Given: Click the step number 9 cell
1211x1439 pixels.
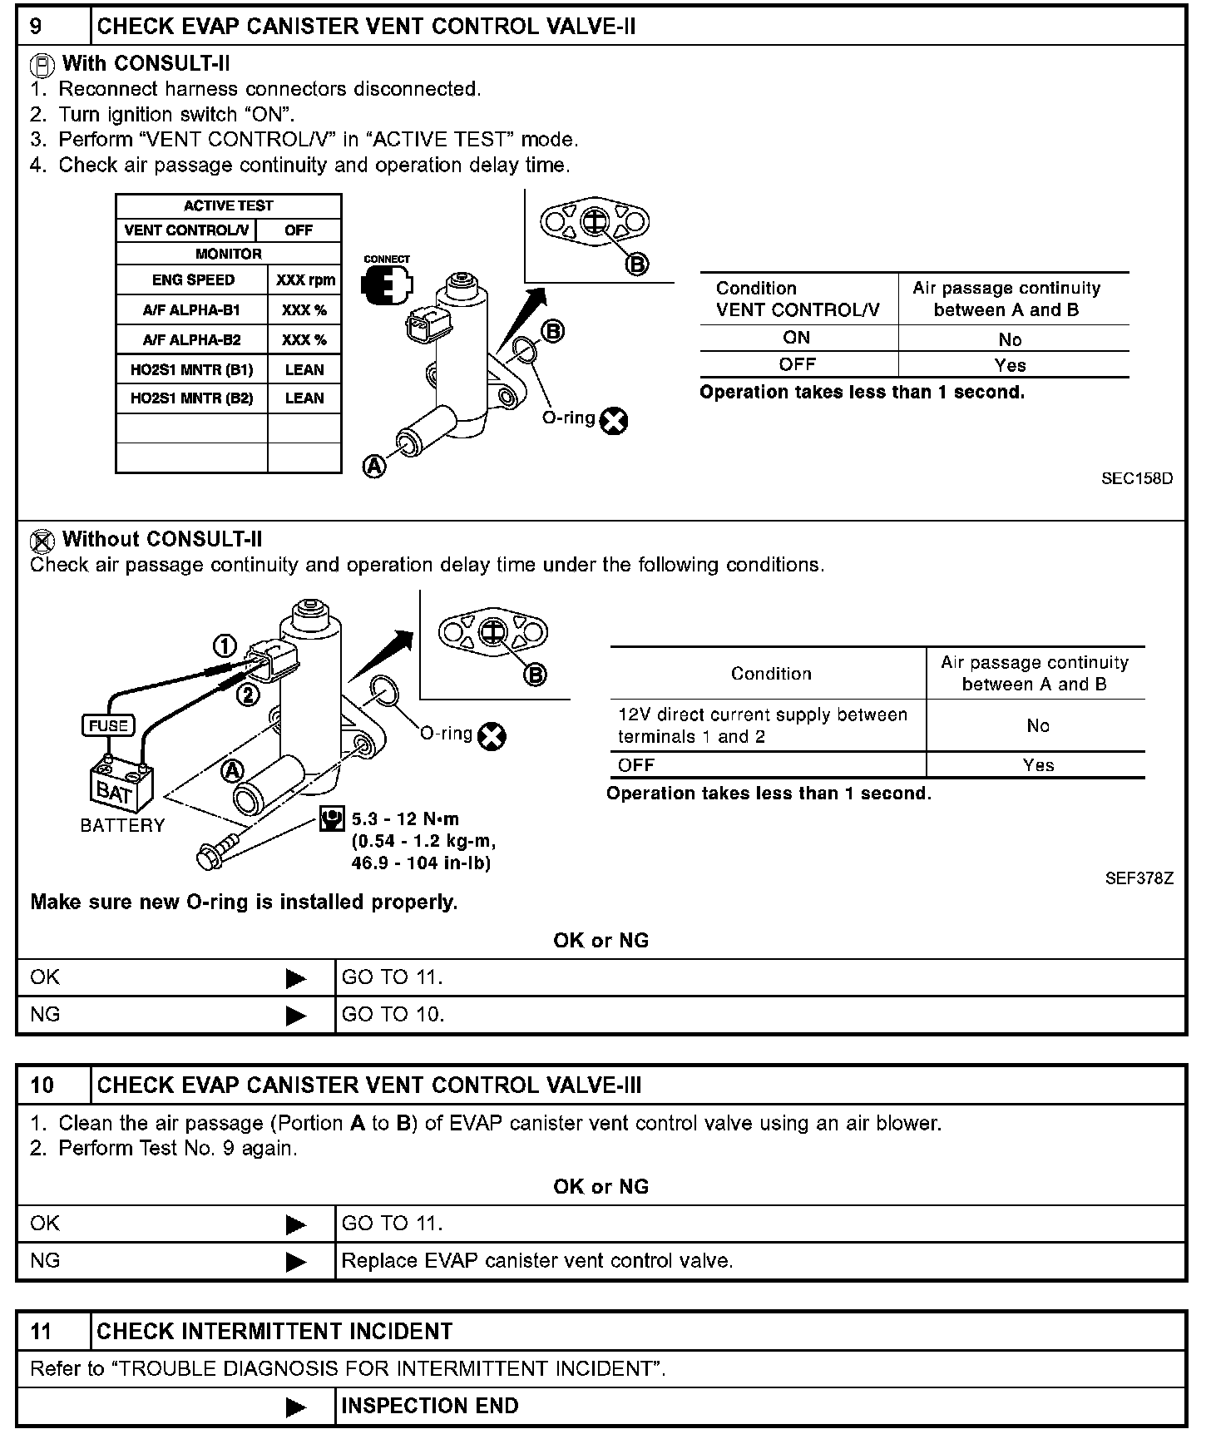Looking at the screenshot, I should [52, 27].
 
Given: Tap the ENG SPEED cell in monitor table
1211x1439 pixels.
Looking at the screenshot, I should [193, 280].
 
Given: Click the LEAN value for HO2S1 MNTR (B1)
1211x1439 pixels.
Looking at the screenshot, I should [304, 370].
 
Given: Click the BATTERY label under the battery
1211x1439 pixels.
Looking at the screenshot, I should [122, 825].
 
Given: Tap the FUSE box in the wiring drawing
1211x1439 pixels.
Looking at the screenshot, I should [107, 725].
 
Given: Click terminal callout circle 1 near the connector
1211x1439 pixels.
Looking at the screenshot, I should [225, 646].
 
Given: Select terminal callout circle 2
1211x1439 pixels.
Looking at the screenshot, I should [248, 694].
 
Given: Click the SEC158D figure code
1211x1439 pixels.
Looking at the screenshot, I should [1137, 479].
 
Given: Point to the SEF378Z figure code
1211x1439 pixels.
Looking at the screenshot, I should [1139, 878].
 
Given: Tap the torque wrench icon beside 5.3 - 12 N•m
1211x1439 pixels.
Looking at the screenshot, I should [332, 819].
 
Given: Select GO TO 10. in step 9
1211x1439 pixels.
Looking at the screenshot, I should [393, 1015].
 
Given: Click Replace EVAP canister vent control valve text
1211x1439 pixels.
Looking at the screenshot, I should [537, 1261].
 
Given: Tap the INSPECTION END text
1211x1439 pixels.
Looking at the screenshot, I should [430, 1406].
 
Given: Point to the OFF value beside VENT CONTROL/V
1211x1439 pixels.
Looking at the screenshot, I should [299, 230].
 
